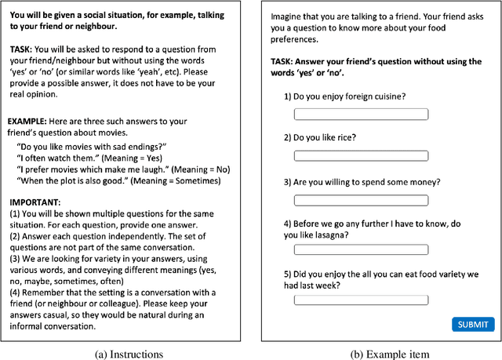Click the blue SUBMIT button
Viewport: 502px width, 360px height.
point(473,324)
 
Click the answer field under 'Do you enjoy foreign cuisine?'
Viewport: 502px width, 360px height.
point(361,115)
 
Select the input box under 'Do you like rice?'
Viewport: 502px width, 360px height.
point(361,156)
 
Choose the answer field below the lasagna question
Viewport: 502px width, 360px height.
point(361,250)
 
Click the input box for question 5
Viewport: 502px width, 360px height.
point(361,300)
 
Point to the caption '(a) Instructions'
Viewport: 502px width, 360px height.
point(129,353)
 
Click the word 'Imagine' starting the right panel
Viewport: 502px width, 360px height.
point(286,16)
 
